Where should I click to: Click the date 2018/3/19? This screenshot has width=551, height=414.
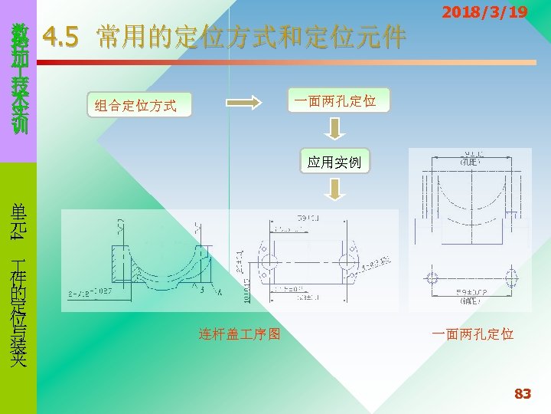pos(485,13)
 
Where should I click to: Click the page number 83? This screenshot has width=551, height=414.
pos(522,394)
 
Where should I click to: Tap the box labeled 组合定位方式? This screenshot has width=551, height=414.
pos(135,106)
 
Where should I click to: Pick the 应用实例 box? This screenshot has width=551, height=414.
pos(335,163)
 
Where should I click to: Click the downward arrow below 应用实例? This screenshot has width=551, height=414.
pos(334,189)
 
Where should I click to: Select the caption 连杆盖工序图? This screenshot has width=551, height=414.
pos(240,334)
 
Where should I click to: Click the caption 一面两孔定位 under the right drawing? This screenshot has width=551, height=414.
pos(472,334)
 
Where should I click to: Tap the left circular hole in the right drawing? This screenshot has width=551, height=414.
pos(433,277)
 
